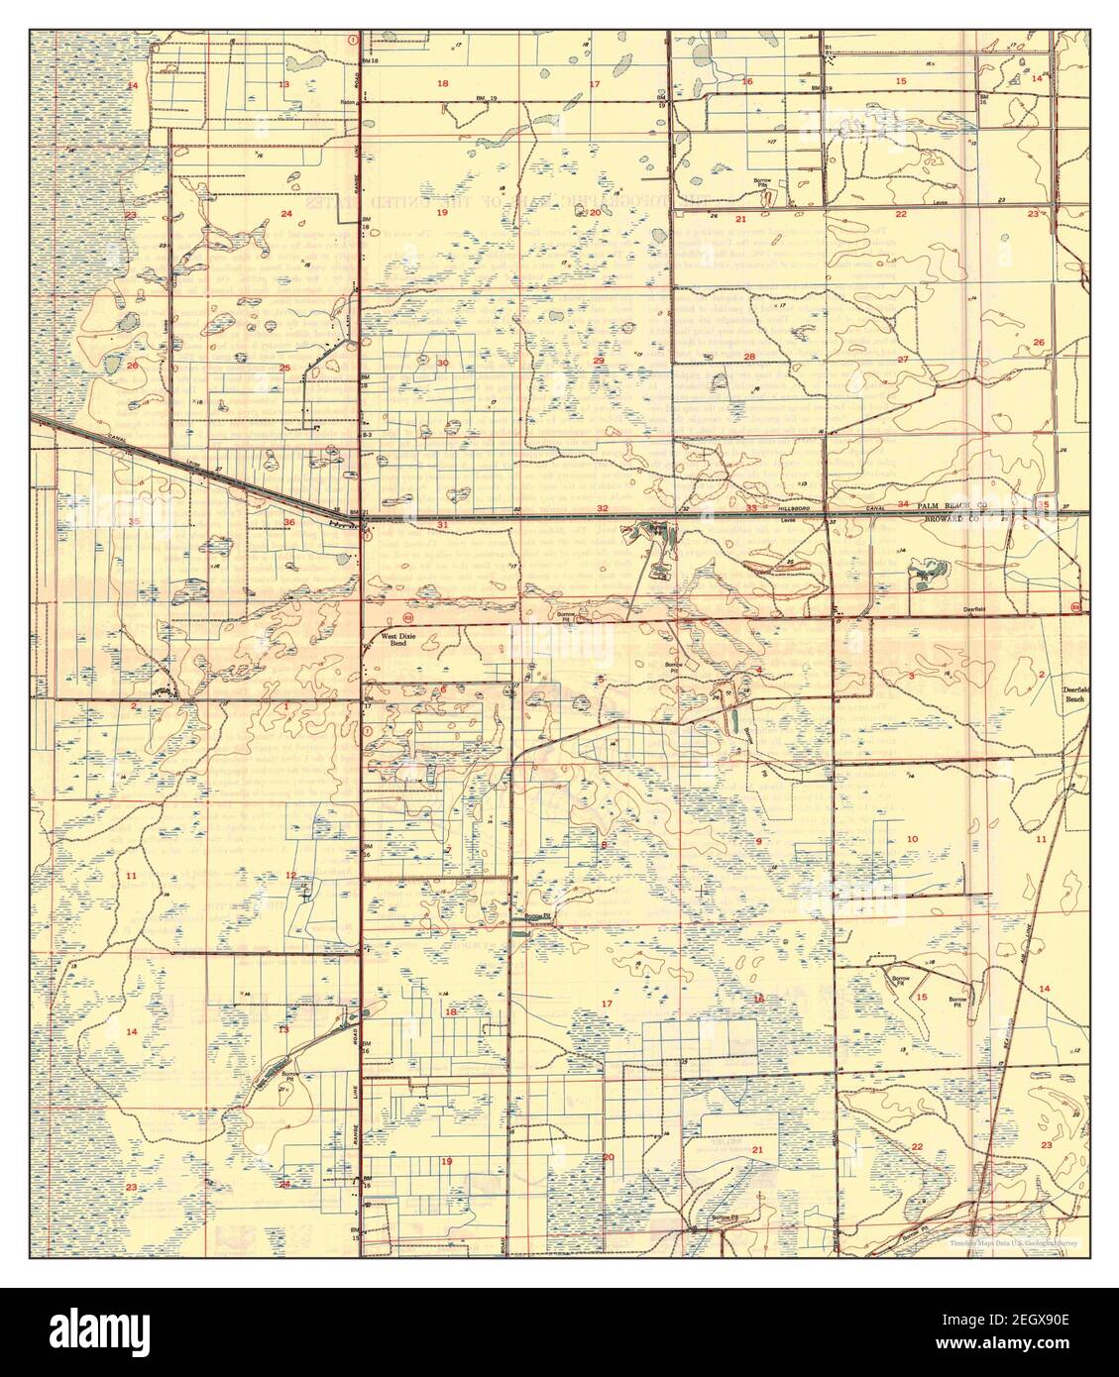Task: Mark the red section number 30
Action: [x=443, y=363]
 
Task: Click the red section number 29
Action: [x=599, y=361]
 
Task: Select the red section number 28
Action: [x=750, y=357]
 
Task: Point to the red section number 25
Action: [x=284, y=369]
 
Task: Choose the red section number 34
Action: [x=903, y=504]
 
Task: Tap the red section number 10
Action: [x=912, y=839]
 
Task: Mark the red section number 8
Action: [x=604, y=844]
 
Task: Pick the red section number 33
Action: [x=751, y=508]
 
